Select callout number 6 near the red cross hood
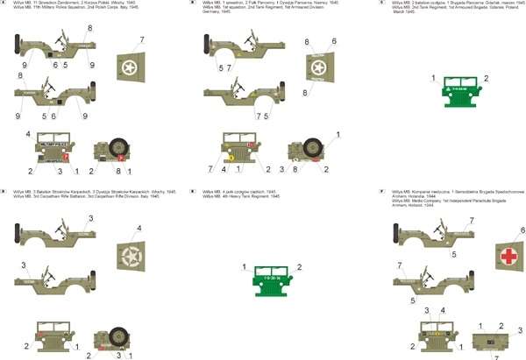click(522, 229)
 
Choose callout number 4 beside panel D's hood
click(138, 229)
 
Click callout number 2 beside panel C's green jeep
click(486, 79)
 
